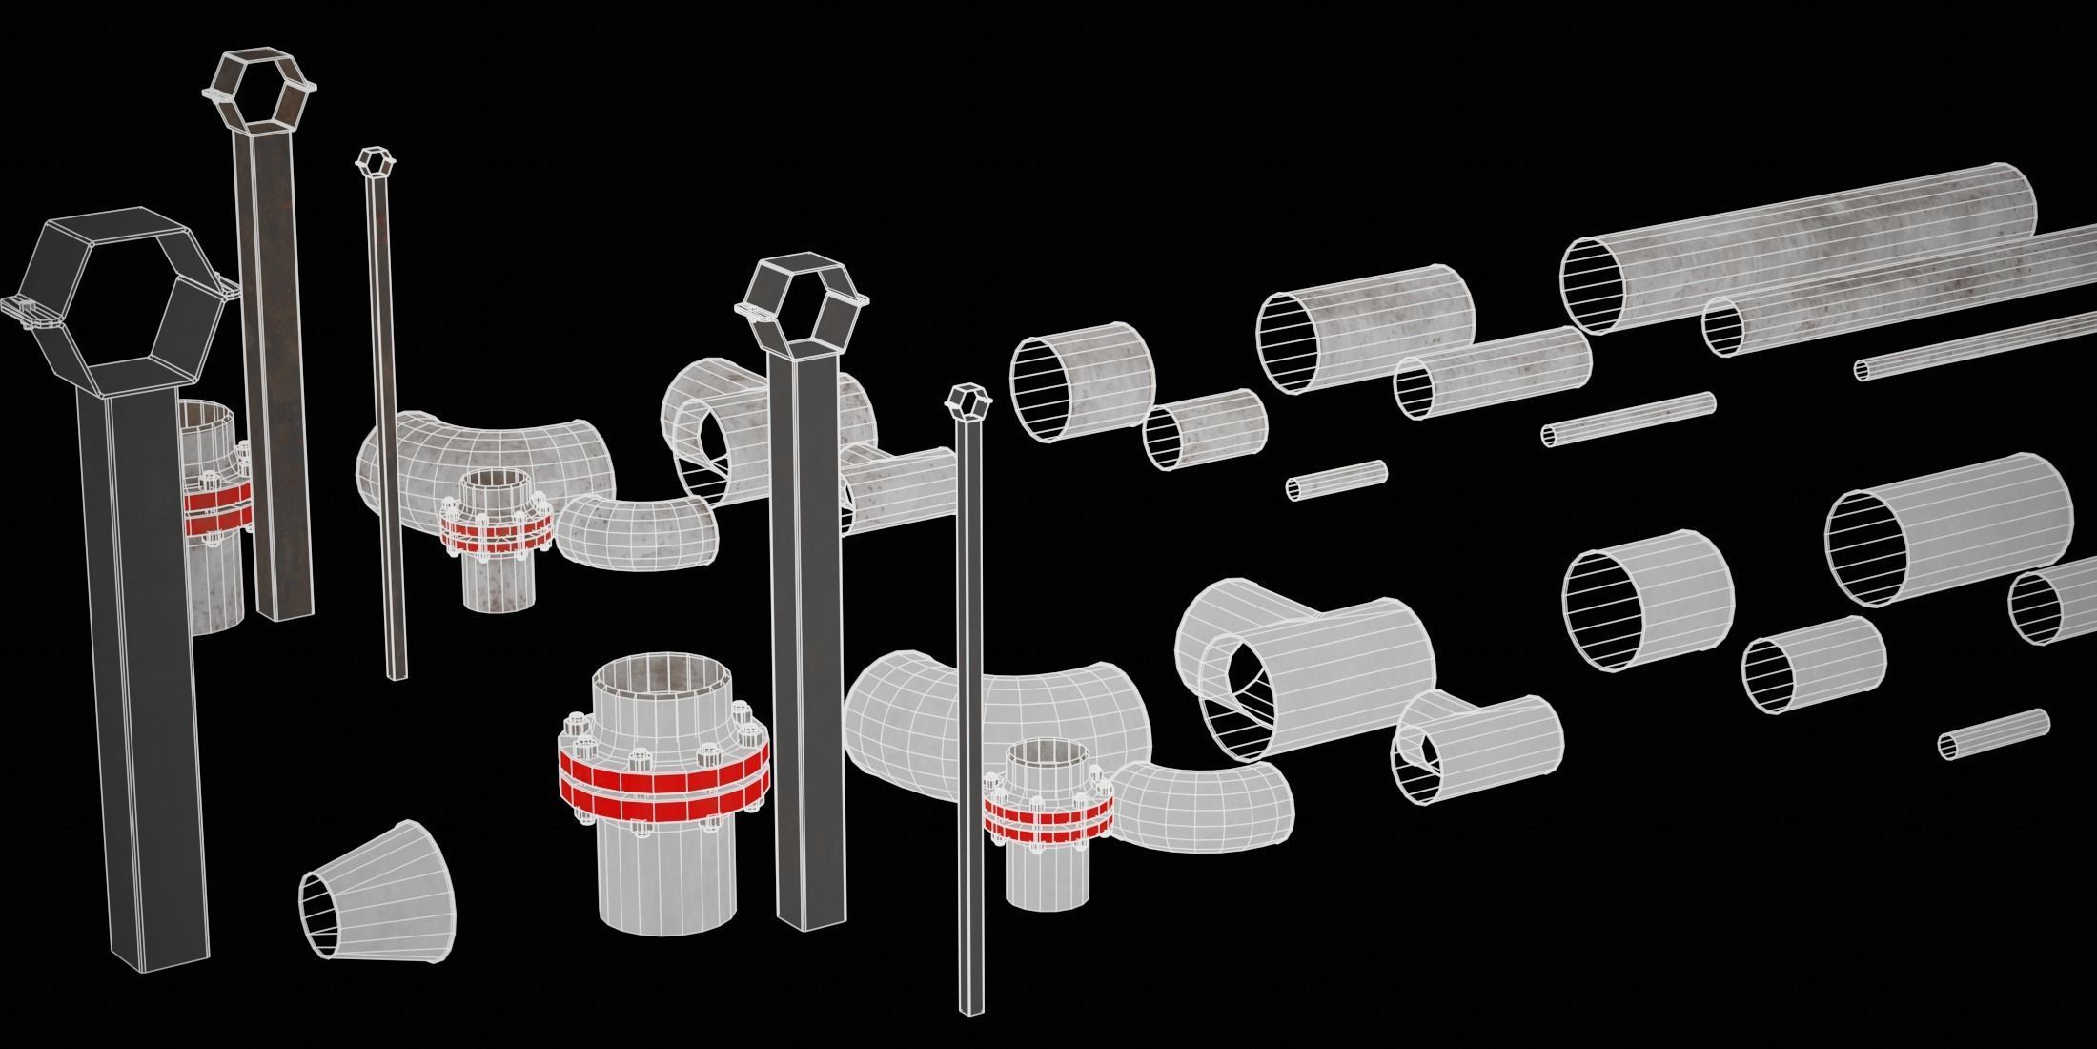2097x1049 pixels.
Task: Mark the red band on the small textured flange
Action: point(496,534)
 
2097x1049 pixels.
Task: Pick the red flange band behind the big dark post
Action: point(219,505)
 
